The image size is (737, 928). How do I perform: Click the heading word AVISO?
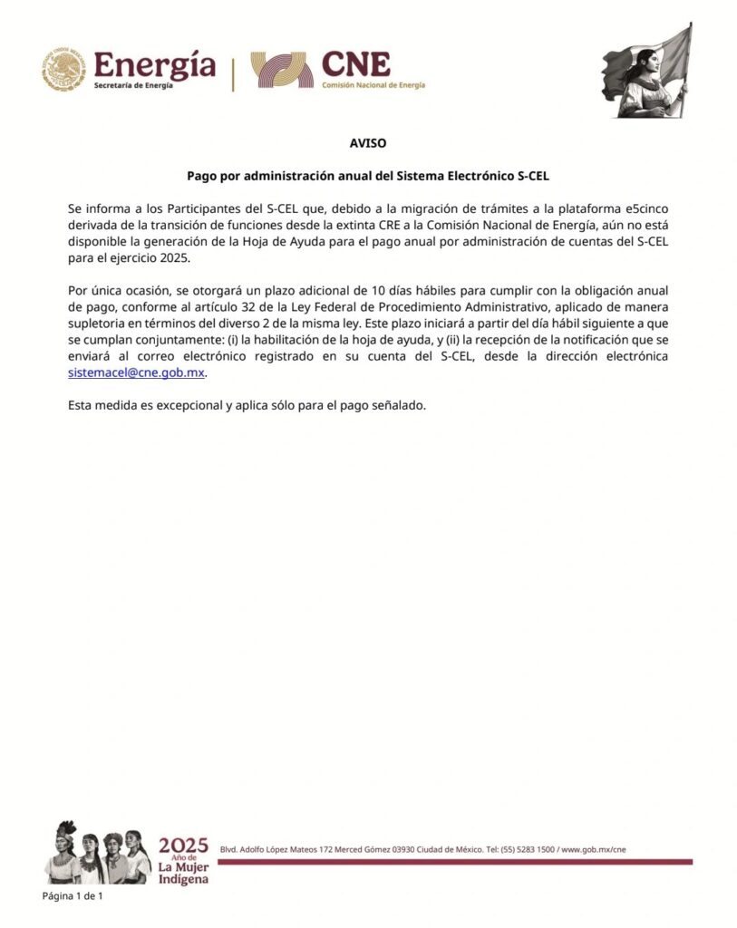(368, 143)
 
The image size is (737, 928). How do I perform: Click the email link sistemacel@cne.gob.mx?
(136, 372)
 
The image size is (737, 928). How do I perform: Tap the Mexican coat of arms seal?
(63, 70)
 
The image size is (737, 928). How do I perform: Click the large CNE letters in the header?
(355, 63)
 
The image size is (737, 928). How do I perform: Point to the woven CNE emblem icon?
(282, 70)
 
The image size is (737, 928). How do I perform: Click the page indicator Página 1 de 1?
(73, 896)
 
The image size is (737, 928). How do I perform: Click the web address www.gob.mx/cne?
(593, 849)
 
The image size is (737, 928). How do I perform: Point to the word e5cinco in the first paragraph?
(646, 208)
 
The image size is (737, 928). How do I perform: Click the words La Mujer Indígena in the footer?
(183, 873)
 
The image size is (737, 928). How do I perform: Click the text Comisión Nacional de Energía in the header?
(373, 85)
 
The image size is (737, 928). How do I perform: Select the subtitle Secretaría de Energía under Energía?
(133, 85)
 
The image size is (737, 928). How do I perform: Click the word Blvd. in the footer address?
(229, 849)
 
